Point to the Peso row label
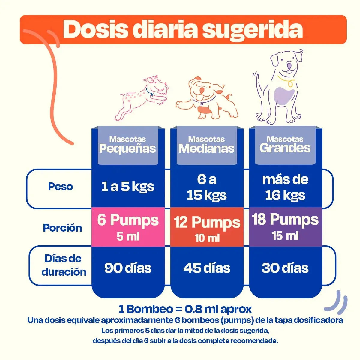(61, 187)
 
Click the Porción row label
(62, 228)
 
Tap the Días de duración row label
(64, 265)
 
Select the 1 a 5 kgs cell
(128, 187)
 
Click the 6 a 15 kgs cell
(206, 187)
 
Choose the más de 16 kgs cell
(285, 187)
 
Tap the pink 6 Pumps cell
(128, 227)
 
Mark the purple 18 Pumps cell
(285, 227)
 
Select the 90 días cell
(128, 268)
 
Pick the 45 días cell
(207, 268)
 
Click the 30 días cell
(285, 268)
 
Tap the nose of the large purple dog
(289, 65)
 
